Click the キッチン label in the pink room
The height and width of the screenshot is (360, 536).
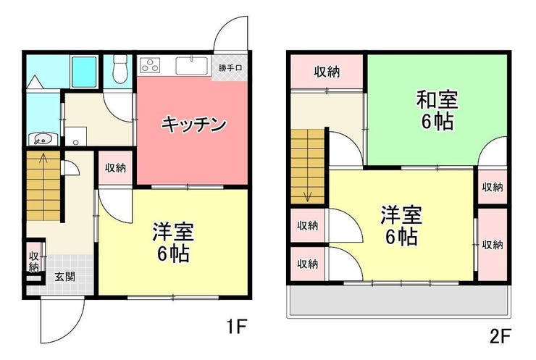[x=194, y=124]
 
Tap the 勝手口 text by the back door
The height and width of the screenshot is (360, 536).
[x=231, y=69]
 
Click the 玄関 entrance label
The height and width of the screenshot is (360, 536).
[x=64, y=277]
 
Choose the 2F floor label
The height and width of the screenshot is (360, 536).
[x=500, y=335]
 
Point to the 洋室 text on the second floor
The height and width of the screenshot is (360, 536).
[x=401, y=215]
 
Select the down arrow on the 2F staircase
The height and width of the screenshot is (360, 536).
[x=308, y=193]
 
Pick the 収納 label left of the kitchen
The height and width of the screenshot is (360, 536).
[x=115, y=168]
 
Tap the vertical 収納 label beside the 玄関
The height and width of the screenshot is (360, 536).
[x=34, y=261]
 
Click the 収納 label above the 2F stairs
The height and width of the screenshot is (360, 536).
[x=327, y=71]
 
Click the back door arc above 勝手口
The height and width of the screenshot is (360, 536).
[x=230, y=36]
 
